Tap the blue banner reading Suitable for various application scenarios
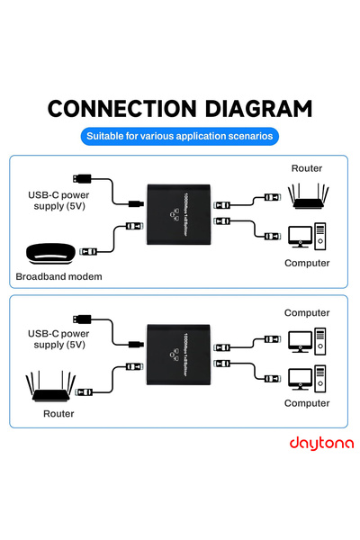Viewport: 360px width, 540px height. click(179, 137)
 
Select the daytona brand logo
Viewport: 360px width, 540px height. click(321, 443)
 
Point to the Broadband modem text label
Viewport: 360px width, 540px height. click(58, 276)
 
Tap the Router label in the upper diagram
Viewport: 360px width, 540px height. click(306, 168)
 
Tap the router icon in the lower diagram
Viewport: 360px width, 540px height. click(52, 388)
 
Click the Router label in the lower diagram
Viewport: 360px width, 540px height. click(58, 413)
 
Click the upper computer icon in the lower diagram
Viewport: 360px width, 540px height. click(307, 340)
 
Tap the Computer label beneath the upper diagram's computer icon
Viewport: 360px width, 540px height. click(307, 263)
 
